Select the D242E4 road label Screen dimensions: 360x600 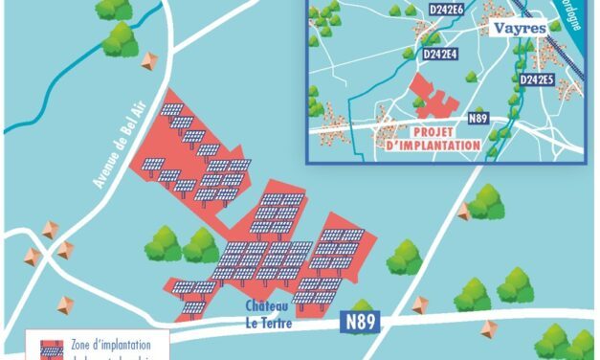tap(440, 56)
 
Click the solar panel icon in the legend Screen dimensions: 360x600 tap(51, 349)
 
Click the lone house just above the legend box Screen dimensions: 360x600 tap(66, 304)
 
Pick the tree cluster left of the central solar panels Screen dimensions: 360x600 tap(182, 245)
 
